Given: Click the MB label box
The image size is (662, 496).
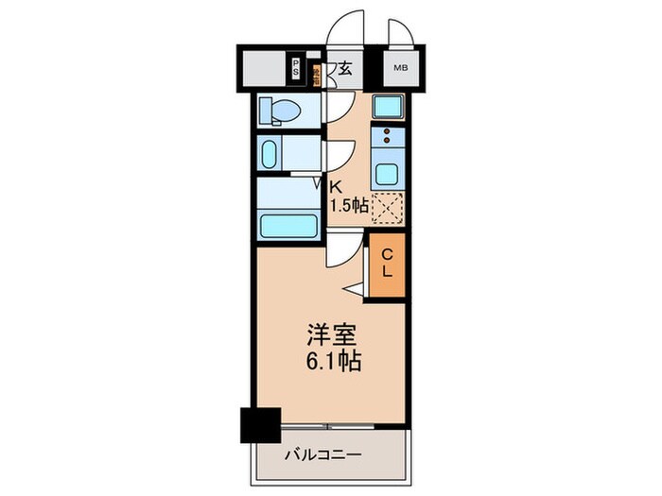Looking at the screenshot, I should (401, 68).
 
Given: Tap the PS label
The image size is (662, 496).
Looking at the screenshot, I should (296, 67).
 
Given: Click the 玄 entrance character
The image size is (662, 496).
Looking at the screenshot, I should (346, 68).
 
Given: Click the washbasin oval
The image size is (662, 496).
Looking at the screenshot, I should (269, 153).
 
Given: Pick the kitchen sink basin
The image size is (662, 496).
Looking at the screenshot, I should (388, 174).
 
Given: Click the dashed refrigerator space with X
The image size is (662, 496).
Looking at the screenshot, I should (388, 206).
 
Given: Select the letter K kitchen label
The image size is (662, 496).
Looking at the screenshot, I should (335, 187).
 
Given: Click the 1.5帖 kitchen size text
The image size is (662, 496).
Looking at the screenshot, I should (347, 206).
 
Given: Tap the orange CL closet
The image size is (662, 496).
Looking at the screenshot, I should (387, 266).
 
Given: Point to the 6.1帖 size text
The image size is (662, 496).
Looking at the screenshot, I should (331, 361).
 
